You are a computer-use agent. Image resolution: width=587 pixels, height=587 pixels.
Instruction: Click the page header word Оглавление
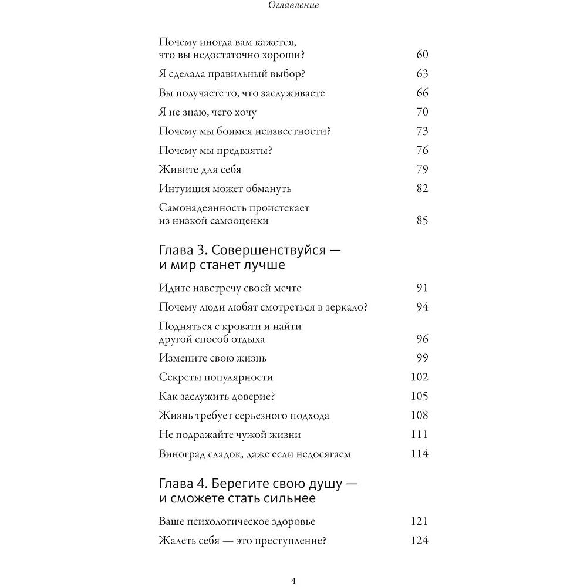pyautogui.click(x=293, y=7)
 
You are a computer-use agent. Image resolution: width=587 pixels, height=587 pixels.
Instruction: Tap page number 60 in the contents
pyautogui.click(x=422, y=55)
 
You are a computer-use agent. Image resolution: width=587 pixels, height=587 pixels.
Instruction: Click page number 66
pyautogui.click(x=422, y=93)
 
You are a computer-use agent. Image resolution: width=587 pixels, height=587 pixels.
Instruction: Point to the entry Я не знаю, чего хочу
pyautogui.click(x=207, y=112)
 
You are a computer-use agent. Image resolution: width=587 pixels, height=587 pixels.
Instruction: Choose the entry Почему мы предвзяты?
pyautogui.click(x=215, y=150)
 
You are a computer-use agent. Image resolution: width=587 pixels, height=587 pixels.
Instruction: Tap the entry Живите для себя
pyautogui.click(x=200, y=170)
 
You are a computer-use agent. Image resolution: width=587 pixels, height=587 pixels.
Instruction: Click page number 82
pyautogui.click(x=422, y=188)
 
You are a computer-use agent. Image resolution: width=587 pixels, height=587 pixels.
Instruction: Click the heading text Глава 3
pyautogui.click(x=182, y=250)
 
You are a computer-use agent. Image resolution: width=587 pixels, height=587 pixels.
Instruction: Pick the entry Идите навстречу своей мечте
pyautogui.click(x=230, y=288)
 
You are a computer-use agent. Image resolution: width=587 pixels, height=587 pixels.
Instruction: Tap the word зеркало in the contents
pyautogui.click(x=355, y=307)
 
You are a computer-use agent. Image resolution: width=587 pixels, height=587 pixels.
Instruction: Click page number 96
pyautogui.click(x=422, y=339)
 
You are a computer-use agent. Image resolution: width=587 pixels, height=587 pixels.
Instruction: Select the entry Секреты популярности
pyautogui.click(x=216, y=377)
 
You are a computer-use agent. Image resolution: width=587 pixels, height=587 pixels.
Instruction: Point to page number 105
pyautogui.click(x=420, y=396)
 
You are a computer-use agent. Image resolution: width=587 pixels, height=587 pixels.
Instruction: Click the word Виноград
pyautogui.click(x=181, y=454)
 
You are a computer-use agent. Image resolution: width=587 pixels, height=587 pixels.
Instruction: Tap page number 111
pyautogui.click(x=420, y=434)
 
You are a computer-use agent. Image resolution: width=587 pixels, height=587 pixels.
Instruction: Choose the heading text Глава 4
pyautogui.click(x=183, y=484)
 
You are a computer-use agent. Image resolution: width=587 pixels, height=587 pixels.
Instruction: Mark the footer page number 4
pyautogui.click(x=293, y=581)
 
